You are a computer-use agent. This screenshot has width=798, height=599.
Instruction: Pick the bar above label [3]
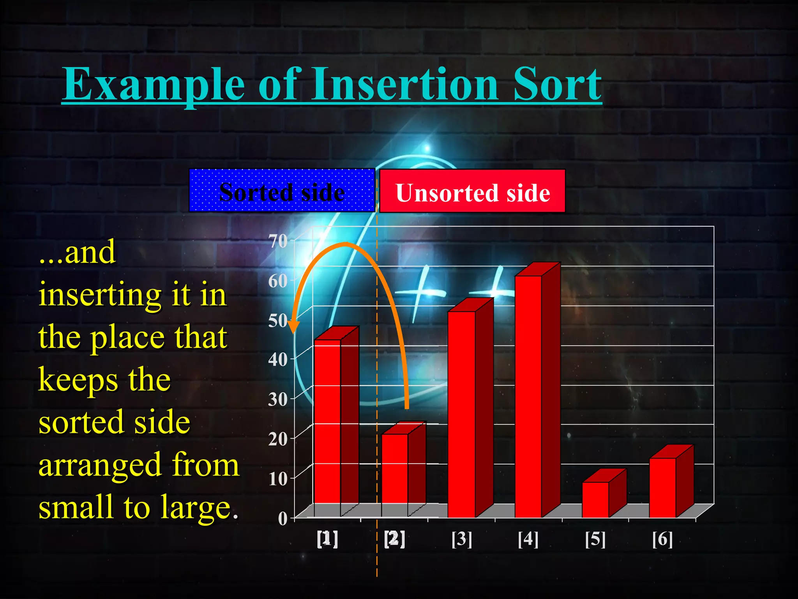click(461, 413)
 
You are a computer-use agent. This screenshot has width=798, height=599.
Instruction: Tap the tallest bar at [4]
click(528, 396)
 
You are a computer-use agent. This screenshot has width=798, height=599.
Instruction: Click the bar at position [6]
click(662, 487)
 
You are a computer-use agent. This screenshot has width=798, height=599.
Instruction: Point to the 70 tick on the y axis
click(278, 241)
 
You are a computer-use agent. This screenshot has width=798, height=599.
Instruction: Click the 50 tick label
click(278, 321)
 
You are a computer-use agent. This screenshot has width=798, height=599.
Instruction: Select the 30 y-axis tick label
click(278, 399)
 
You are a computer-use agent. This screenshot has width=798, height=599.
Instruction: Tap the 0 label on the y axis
click(282, 519)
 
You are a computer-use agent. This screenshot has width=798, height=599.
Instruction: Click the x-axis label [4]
click(528, 539)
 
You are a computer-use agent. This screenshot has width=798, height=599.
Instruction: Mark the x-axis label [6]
click(662, 539)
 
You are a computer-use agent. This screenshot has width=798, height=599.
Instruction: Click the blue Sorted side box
click(282, 191)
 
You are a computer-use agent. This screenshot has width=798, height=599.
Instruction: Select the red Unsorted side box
click(472, 191)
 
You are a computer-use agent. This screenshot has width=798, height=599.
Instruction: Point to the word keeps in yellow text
click(78, 380)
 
